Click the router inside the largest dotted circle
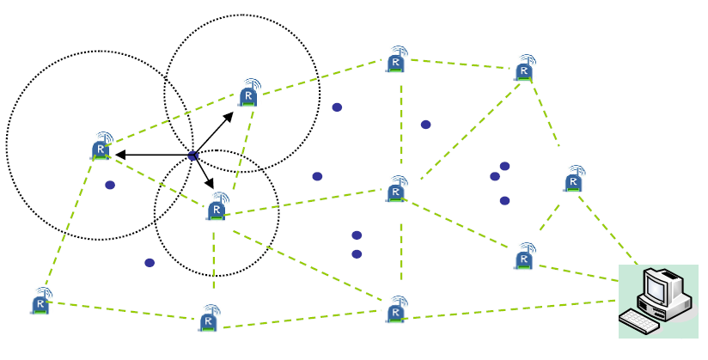point(101,148)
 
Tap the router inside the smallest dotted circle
point(217,207)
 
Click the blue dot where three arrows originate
point(193,156)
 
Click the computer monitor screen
point(657,286)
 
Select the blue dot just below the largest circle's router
point(110,185)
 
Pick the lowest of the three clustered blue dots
point(505,201)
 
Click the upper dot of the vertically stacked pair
point(357,235)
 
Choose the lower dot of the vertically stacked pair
point(357,253)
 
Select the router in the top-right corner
point(524,69)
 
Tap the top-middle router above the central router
point(395,60)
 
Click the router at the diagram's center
point(396,189)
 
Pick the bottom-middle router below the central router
point(395,309)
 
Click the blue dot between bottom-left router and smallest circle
point(150,263)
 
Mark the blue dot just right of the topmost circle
point(337,107)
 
